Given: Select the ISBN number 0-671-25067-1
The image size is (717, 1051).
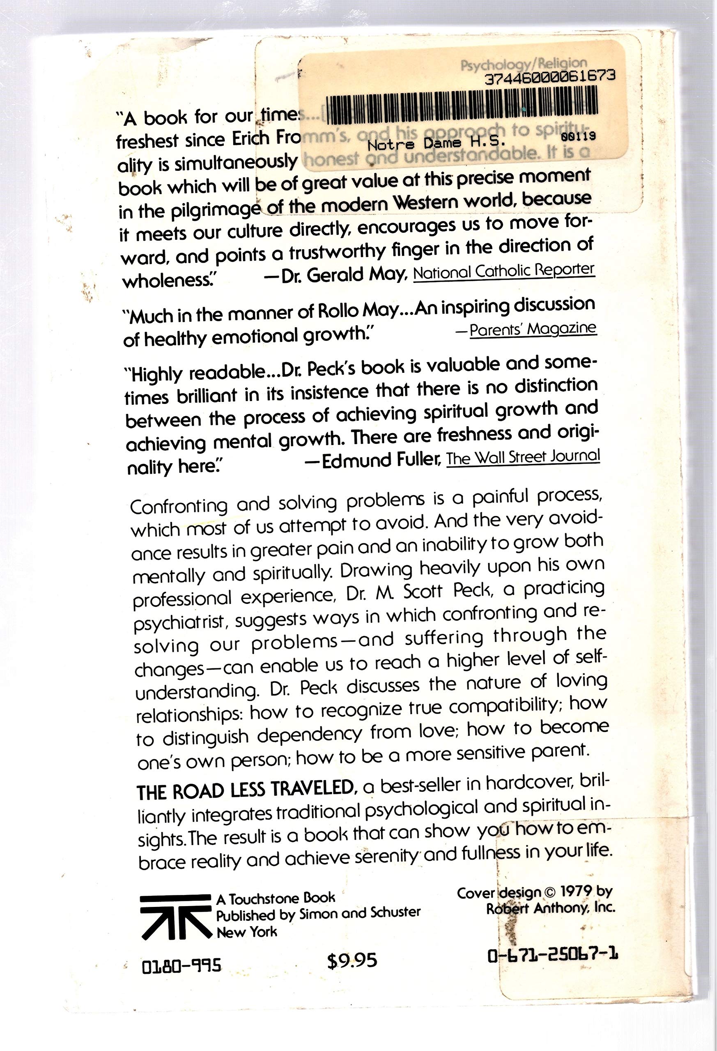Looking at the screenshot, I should tap(553, 955).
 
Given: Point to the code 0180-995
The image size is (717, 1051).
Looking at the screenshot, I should tap(182, 966).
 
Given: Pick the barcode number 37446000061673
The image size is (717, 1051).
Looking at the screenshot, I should tap(549, 77).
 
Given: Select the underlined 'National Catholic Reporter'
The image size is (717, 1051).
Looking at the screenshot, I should tap(504, 271).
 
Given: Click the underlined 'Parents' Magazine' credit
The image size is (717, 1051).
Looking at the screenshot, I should tap(533, 329).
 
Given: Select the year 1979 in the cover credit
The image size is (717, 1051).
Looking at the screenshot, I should tap(576, 891).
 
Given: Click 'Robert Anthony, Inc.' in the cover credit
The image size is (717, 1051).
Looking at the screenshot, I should tap(551, 908).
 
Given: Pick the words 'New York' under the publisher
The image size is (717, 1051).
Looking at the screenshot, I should tap(246, 932).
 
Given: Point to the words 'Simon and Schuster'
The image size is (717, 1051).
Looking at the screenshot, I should tap(360, 913).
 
